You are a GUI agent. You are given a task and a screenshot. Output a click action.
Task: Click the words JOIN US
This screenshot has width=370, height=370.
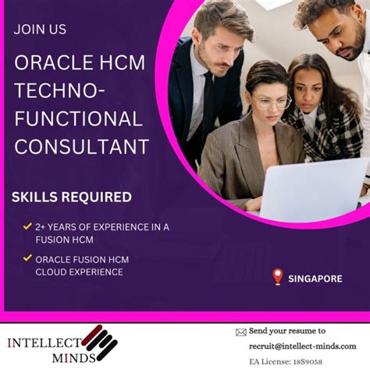click(41, 30)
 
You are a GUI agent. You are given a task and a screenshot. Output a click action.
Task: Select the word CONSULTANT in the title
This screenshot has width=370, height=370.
click(82, 145)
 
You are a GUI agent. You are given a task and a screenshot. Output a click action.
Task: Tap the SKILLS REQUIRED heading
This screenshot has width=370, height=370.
click(72, 197)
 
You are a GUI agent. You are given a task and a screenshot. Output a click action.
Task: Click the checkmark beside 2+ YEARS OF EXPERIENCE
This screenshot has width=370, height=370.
click(27, 227)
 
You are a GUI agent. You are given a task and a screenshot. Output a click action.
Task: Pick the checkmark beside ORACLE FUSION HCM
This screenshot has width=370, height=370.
click(27, 258)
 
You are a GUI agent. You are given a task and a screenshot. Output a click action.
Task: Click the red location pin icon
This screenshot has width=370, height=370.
click(277, 276)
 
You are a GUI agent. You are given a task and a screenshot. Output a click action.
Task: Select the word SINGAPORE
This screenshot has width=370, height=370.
click(315, 279)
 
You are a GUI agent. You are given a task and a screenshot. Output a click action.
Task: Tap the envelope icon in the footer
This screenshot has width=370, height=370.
click(240, 333)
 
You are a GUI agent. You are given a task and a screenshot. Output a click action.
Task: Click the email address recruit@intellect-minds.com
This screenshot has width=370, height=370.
click(301, 345)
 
